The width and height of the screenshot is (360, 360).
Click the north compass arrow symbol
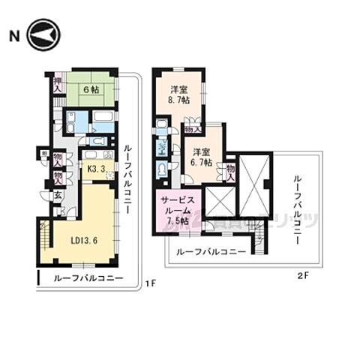[40, 34]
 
